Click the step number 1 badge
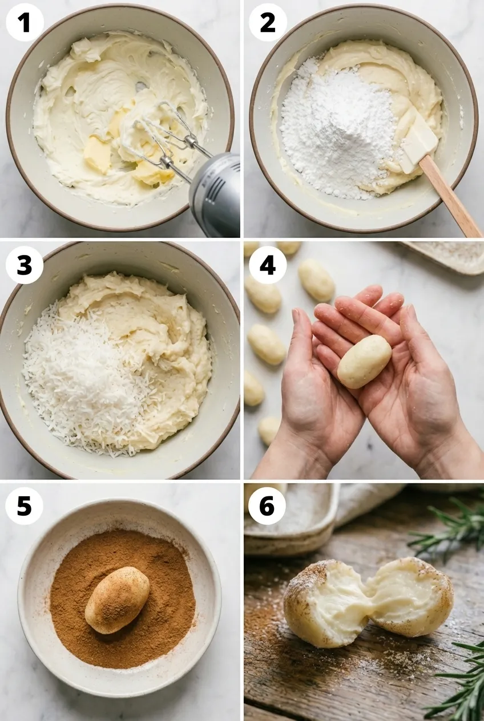point(25,23)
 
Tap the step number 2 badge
point(268,23)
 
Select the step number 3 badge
point(25,265)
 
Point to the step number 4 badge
point(268,265)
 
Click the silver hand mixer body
point(216,195)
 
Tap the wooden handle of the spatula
point(450,195)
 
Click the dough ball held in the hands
point(364,361)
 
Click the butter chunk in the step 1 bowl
point(97,154)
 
